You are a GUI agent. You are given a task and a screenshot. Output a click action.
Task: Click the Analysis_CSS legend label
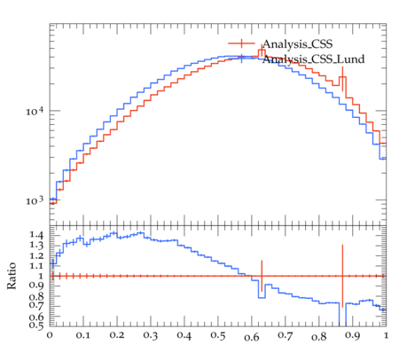[297, 44]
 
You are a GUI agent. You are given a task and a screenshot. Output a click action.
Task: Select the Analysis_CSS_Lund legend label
[313, 59]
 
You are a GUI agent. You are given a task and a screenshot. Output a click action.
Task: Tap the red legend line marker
[241, 43]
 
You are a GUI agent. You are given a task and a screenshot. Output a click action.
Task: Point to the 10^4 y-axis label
[35, 111]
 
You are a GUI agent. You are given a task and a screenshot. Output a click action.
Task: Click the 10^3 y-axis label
[35, 200]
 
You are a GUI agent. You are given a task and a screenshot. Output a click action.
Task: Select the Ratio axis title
[12, 276]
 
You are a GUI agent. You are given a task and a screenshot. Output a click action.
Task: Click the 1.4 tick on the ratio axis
[36, 235]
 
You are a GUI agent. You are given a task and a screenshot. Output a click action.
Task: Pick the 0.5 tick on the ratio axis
[36, 325]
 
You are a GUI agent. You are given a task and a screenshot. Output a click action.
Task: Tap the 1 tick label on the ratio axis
[41, 276]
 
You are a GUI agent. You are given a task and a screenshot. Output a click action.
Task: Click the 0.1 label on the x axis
[83, 336]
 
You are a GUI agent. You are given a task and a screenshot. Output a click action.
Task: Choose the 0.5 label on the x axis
[218, 336]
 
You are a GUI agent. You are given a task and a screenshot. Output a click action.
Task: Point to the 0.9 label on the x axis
[353, 336]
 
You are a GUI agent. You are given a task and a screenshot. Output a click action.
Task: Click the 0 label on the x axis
[50, 336]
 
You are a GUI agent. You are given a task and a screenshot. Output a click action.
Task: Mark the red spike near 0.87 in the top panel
[342, 79]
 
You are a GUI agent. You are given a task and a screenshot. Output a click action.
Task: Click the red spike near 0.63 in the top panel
[262, 51]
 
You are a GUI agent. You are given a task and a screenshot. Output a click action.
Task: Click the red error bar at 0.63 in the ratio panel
[262, 276]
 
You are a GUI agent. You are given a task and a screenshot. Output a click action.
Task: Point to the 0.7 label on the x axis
[286, 336]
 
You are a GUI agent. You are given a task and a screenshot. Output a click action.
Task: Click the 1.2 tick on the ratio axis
[36, 255]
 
